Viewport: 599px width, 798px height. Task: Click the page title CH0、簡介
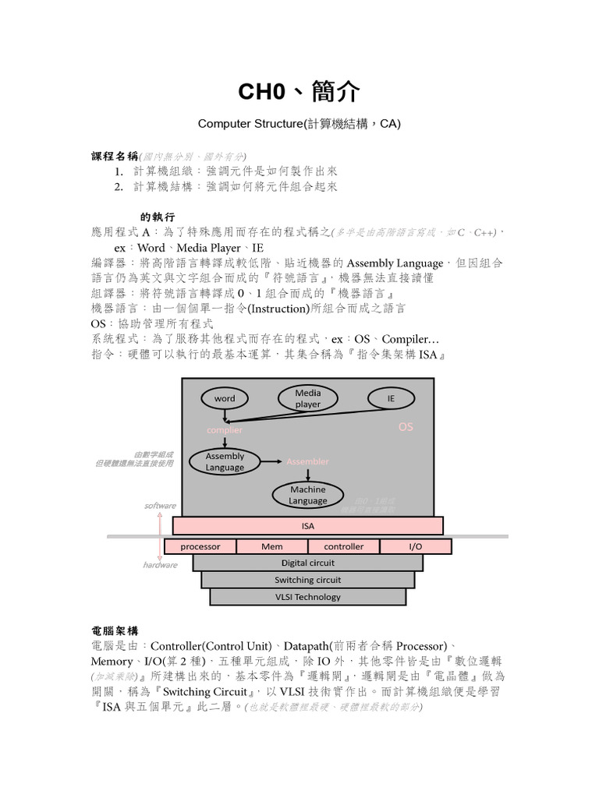[x=299, y=92]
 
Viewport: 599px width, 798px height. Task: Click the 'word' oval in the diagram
[x=224, y=398]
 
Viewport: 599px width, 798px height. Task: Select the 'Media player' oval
[x=307, y=399]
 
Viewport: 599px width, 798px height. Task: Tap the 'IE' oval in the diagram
[x=391, y=398]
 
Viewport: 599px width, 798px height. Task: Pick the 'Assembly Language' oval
[x=225, y=461]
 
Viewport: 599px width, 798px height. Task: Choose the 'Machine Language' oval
[x=307, y=495]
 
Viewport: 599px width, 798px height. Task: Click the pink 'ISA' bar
[x=307, y=526]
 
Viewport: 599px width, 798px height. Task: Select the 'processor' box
[x=200, y=546]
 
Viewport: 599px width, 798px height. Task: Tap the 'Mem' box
[x=271, y=546]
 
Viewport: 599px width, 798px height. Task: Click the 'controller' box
[x=343, y=546]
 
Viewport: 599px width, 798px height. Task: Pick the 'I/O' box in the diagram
[x=416, y=546]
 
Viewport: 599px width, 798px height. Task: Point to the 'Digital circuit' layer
[x=307, y=563]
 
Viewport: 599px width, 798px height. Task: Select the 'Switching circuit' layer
[x=307, y=580]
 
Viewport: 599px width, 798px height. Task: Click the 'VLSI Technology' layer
[x=307, y=597]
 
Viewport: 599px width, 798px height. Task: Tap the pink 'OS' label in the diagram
[x=406, y=427]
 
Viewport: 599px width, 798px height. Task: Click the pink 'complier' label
[x=224, y=429]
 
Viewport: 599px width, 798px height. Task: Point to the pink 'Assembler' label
[x=307, y=461]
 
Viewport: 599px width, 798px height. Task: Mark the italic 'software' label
[x=160, y=506]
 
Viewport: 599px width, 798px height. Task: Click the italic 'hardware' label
[x=160, y=565]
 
